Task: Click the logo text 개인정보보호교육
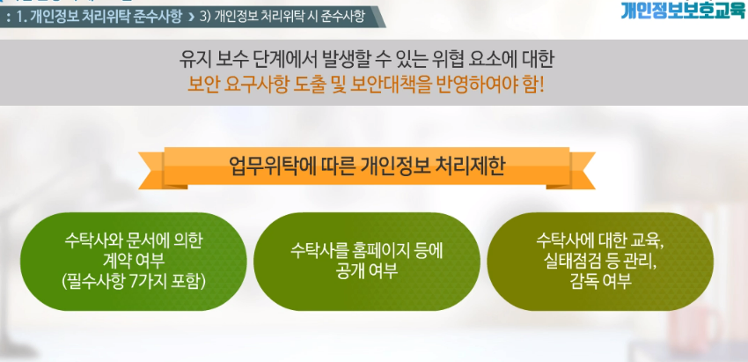coord(683,9)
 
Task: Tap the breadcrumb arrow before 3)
coord(191,18)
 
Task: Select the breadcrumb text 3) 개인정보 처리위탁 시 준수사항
coord(282,17)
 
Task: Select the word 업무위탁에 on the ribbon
coord(268,166)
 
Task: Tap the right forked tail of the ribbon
coord(583,171)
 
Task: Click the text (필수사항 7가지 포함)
coord(134,281)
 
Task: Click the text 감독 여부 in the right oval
coord(600,281)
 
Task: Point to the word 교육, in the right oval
coord(648,240)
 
